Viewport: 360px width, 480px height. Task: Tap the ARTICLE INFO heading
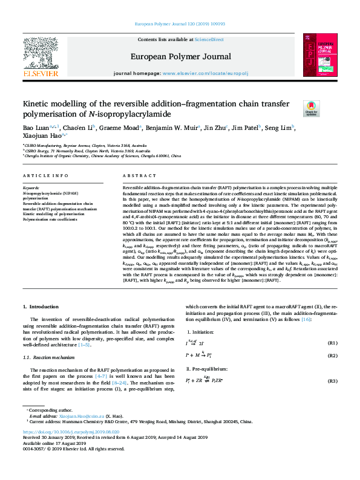click(x=45, y=175)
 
